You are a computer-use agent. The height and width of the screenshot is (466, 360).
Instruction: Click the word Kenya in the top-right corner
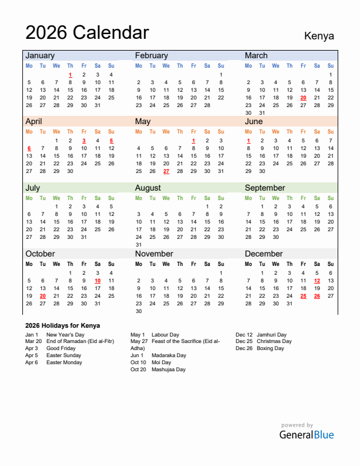point(319,35)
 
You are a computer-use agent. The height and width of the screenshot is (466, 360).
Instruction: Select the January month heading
point(40,55)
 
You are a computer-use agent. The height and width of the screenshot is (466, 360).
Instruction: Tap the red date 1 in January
point(70,75)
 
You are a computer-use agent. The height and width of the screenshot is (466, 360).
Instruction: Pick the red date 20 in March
point(303,98)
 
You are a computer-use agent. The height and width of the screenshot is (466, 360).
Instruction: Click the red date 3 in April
point(84,141)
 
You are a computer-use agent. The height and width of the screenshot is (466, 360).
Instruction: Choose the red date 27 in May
point(166,171)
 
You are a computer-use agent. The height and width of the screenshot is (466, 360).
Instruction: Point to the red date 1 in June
point(248,141)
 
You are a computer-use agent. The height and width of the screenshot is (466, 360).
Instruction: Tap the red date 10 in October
point(98,281)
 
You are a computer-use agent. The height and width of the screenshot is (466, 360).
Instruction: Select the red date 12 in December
point(317,281)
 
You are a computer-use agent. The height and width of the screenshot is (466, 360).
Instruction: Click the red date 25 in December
point(303,296)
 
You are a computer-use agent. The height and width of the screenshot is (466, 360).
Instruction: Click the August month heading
point(148,188)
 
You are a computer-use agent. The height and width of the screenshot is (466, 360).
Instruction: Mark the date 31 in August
point(139,245)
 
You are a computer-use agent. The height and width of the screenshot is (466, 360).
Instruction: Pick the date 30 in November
point(139,311)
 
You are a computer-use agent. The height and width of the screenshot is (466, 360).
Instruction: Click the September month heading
point(265,188)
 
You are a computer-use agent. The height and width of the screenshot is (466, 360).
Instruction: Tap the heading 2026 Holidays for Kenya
point(62,325)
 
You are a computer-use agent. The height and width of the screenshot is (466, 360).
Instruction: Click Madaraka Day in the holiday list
point(169,355)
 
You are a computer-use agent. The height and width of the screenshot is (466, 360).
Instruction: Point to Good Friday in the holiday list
point(61,348)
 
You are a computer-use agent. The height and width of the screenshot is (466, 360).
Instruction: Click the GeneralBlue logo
point(306,435)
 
